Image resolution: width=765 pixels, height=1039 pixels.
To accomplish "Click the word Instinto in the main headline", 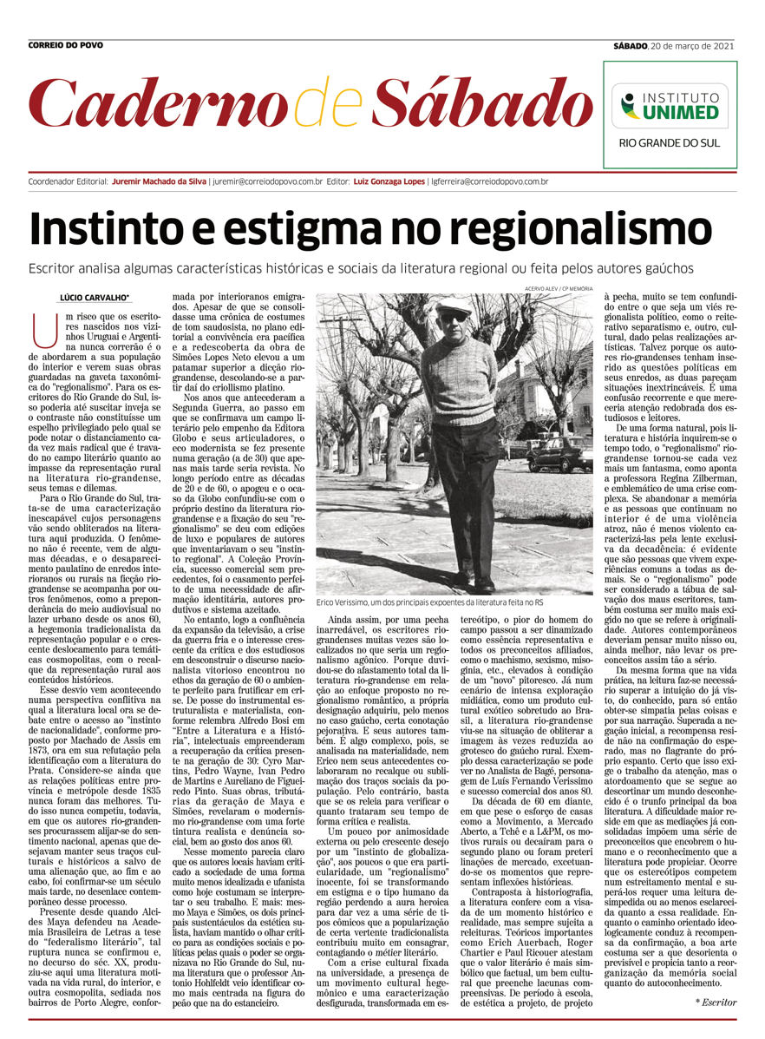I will [x=121, y=229].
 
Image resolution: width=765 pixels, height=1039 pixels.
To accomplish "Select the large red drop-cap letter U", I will [x=39, y=326].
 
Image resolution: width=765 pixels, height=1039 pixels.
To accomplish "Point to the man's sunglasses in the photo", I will [x=453, y=318].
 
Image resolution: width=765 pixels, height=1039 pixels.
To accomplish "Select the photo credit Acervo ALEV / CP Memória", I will [x=559, y=287].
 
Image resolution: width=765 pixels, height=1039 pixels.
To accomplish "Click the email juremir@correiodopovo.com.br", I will [x=268, y=181].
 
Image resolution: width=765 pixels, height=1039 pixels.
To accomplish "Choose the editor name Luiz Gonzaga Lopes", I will [x=395, y=181].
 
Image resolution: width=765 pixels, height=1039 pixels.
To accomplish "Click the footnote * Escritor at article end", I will [x=716, y=1003].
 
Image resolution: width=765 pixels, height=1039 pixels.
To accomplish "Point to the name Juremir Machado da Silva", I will [x=159, y=181].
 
